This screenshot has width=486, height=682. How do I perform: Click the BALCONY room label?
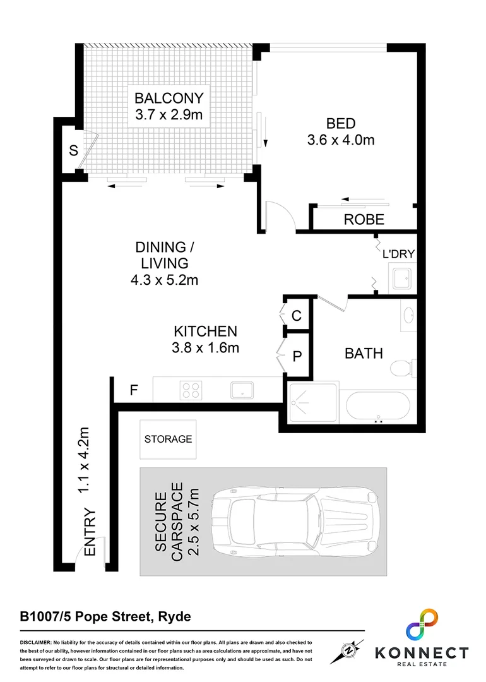pyautogui.click(x=169, y=99)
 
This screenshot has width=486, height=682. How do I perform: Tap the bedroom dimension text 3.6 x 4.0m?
pyautogui.click(x=340, y=140)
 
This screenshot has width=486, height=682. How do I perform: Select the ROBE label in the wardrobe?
pyautogui.click(x=364, y=220)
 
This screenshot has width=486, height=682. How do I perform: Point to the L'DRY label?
pyautogui.click(x=398, y=254)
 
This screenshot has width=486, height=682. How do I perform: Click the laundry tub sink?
pyautogui.click(x=400, y=278)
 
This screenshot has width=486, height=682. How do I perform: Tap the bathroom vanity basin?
pyautogui.click(x=408, y=314)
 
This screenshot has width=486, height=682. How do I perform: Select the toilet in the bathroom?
pyautogui.click(x=401, y=368)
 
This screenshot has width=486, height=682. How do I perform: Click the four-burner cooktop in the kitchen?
pyautogui.click(x=191, y=390)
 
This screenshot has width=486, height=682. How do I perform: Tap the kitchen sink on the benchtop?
pyautogui.click(x=242, y=390)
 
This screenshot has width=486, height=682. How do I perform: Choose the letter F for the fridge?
pyautogui.click(x=133, y=390)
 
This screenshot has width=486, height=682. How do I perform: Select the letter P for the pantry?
pyautogui.click(x=297, y=356)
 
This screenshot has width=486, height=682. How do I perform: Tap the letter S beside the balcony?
pyautogui.click(x=73, y=151)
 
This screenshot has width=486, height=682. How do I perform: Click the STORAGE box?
pyautogui.click(x=168, y=439)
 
